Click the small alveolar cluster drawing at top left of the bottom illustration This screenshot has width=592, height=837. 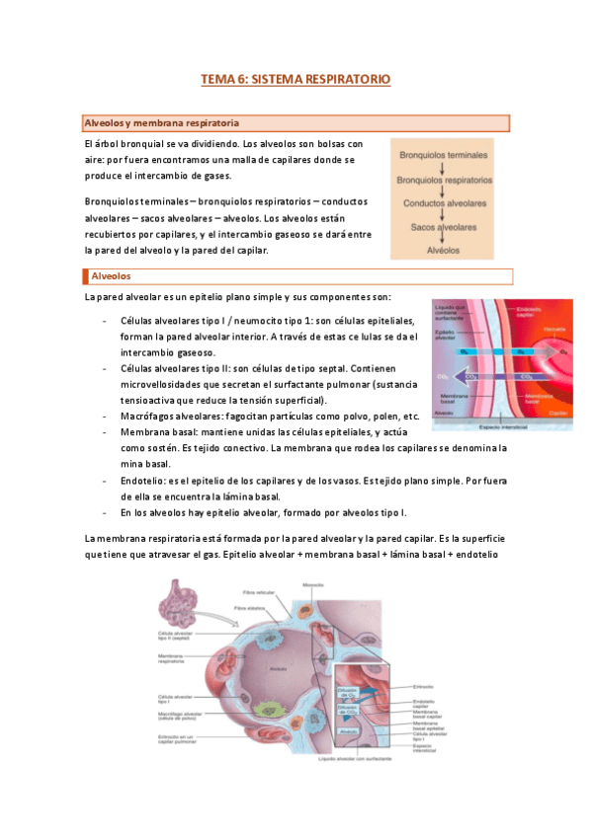[x=182, y=601]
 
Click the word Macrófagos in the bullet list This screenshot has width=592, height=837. [x=149, y=416]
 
